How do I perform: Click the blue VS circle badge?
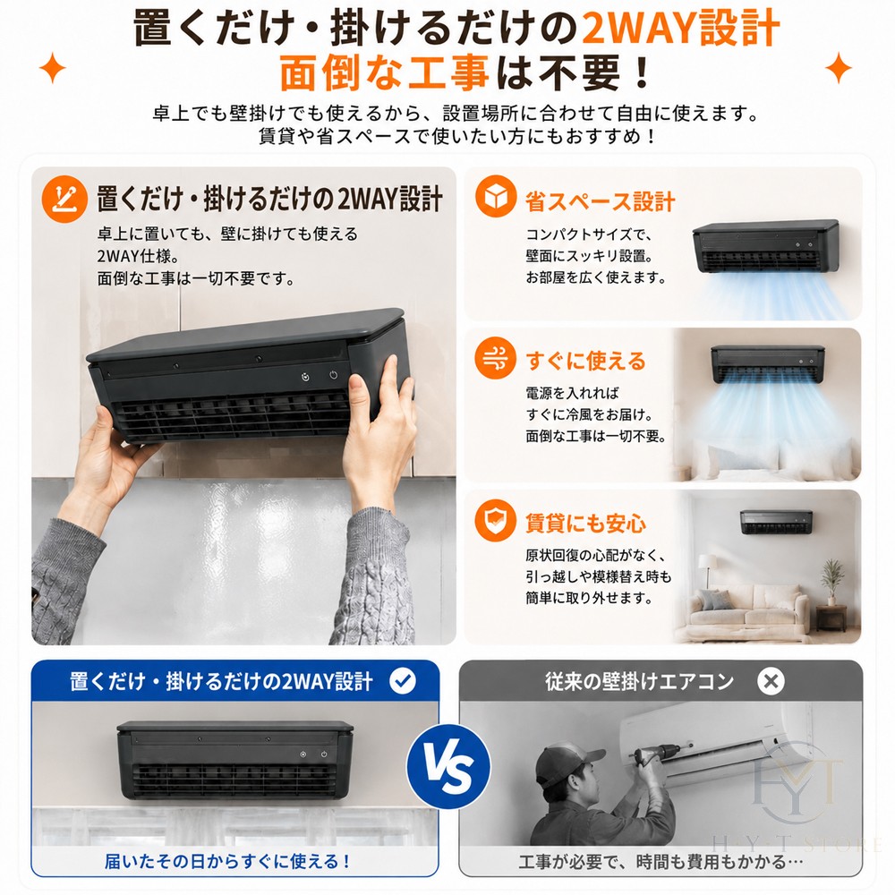(448, 767)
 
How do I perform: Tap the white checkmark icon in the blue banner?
(403, 681)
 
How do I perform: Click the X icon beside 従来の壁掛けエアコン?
(771, 681)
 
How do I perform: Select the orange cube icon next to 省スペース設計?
(496, 196)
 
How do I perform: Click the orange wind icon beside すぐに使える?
(496, 359)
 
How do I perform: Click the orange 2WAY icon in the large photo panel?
(64, 199)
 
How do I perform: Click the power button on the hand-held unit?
(333, 375)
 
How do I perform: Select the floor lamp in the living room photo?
(706, 573)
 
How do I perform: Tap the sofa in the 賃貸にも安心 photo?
(751, 608)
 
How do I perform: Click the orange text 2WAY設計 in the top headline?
(680, 28)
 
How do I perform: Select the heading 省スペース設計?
(601, 200)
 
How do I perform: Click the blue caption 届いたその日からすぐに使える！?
(227, 861)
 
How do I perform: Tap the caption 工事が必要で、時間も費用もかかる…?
(661, 861)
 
